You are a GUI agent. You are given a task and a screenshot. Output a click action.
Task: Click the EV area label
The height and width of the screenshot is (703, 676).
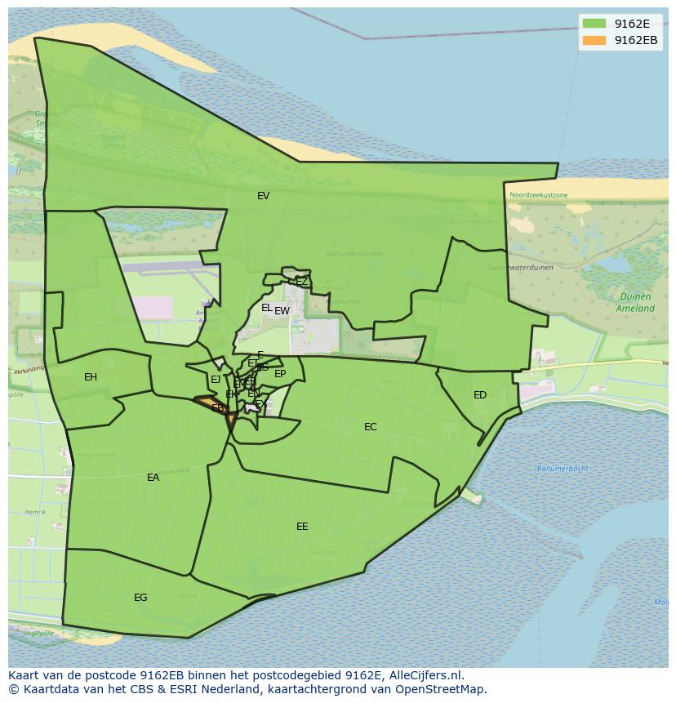pos(263,196)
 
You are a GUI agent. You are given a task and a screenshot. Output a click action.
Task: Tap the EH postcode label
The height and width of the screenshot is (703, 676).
pos(91,377)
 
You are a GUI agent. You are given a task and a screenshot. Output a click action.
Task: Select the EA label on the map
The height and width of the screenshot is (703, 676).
pos(153,478)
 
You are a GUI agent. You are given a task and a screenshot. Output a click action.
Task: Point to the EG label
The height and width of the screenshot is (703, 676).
pos(140,598)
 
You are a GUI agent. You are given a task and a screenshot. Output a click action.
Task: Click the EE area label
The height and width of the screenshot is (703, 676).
pos(302,527)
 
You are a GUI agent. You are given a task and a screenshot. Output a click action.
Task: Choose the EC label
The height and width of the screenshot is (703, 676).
pos(371,427)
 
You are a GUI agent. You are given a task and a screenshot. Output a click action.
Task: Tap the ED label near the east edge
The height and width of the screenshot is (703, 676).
pos(480,395)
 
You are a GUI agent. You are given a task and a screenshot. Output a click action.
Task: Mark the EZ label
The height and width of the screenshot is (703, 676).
pos(302,282)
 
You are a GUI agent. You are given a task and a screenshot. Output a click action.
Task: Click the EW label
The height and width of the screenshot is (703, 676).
pos(282,311)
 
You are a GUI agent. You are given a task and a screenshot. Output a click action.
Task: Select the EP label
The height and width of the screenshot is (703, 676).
pos(280,374)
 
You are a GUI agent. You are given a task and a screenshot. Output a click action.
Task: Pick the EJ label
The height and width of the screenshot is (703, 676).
pos(216,380)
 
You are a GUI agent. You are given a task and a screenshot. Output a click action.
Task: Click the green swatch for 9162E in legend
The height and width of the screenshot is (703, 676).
pos(594,24)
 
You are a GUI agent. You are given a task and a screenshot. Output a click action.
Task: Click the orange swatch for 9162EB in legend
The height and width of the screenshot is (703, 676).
pos(594,40)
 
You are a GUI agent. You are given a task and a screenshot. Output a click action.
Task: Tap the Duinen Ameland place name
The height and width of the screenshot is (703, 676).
pos(635,303)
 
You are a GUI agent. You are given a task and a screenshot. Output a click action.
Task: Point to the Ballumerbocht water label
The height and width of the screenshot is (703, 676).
pos(563,469)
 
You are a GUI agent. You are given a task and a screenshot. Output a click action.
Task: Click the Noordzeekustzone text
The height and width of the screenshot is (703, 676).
pos(538,195)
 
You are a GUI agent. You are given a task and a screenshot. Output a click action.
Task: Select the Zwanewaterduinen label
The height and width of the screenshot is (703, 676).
pos(520,267)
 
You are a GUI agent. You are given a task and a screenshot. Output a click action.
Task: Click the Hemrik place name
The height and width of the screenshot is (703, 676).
pos(35,512)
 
